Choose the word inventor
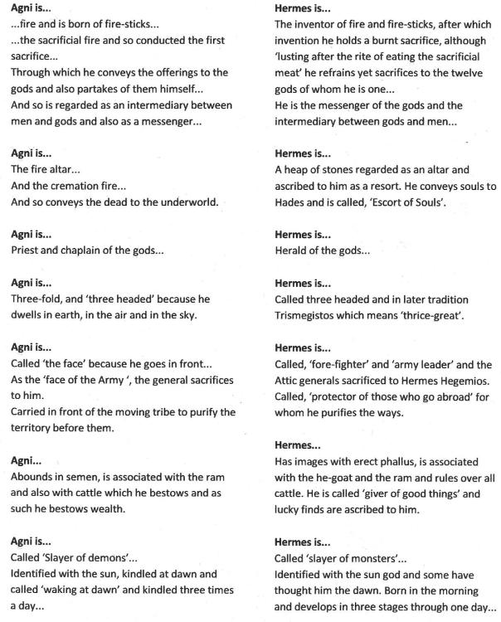tap(314, 25)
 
